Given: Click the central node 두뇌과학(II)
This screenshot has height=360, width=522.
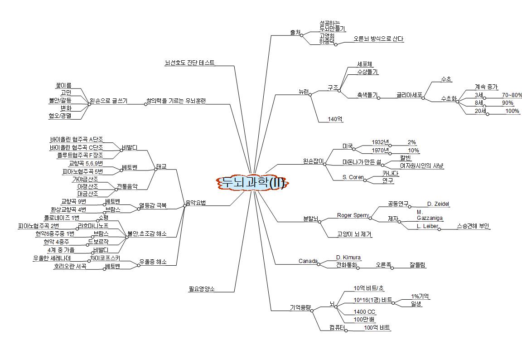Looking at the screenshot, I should [251, 183].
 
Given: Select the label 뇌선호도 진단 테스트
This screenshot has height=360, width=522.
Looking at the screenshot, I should [190, 63].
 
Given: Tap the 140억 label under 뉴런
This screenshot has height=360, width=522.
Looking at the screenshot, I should [335, 119].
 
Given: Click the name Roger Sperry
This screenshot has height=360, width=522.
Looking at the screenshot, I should [353, 215].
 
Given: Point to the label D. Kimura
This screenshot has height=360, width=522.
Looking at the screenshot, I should [348, 258].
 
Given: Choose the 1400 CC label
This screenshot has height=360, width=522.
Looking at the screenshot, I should [365, 312].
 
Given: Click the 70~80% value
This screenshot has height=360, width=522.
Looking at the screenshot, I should [512, 95].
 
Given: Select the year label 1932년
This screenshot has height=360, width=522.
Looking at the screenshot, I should [380, 142].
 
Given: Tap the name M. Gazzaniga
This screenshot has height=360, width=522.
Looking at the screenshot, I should [429, 215].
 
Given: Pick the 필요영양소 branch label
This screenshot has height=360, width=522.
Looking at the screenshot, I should [202, 288].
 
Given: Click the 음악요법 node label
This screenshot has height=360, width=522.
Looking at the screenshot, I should [195, 203].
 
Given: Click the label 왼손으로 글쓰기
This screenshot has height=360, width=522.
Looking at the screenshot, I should [108, 100].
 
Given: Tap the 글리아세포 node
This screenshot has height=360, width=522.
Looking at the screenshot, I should [409, 96].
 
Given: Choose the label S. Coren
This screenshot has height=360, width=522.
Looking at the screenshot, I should [353, 177].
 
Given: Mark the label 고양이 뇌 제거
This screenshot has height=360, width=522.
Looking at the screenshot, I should [355, 234].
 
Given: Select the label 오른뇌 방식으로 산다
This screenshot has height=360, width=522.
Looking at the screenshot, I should [378, 39].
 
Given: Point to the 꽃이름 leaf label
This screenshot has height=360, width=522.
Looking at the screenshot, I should [63, 85].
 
